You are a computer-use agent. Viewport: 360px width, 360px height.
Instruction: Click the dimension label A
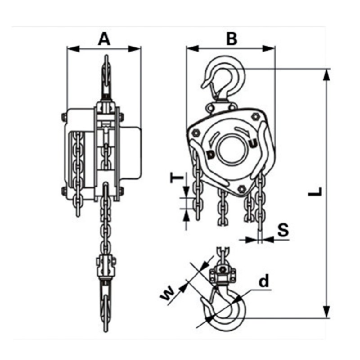(104, 39)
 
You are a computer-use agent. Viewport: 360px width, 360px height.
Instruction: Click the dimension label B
(231, 39)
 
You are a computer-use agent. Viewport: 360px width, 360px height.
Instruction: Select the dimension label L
(315, 192)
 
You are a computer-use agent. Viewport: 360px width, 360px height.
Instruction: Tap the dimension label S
(283, 230)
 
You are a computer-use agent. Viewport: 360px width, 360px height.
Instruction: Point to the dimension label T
(177, 178)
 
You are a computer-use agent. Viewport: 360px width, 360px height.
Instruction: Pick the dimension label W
(167, 294)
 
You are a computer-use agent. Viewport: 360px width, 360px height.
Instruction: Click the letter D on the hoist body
(211, 154)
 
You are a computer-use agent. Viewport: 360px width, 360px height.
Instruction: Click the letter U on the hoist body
(252, 144)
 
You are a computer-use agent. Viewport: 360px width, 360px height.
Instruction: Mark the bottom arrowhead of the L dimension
(326, 312)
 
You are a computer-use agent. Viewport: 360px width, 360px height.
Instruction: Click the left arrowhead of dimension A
(73, 49)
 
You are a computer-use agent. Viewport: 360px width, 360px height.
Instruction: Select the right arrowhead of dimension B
(269, 49)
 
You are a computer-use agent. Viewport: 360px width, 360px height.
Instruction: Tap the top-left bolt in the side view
(63, 117)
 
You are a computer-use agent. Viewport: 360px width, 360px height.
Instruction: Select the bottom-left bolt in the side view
(63, 192)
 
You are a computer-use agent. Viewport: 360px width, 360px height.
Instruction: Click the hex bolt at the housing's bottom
(242, 189)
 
